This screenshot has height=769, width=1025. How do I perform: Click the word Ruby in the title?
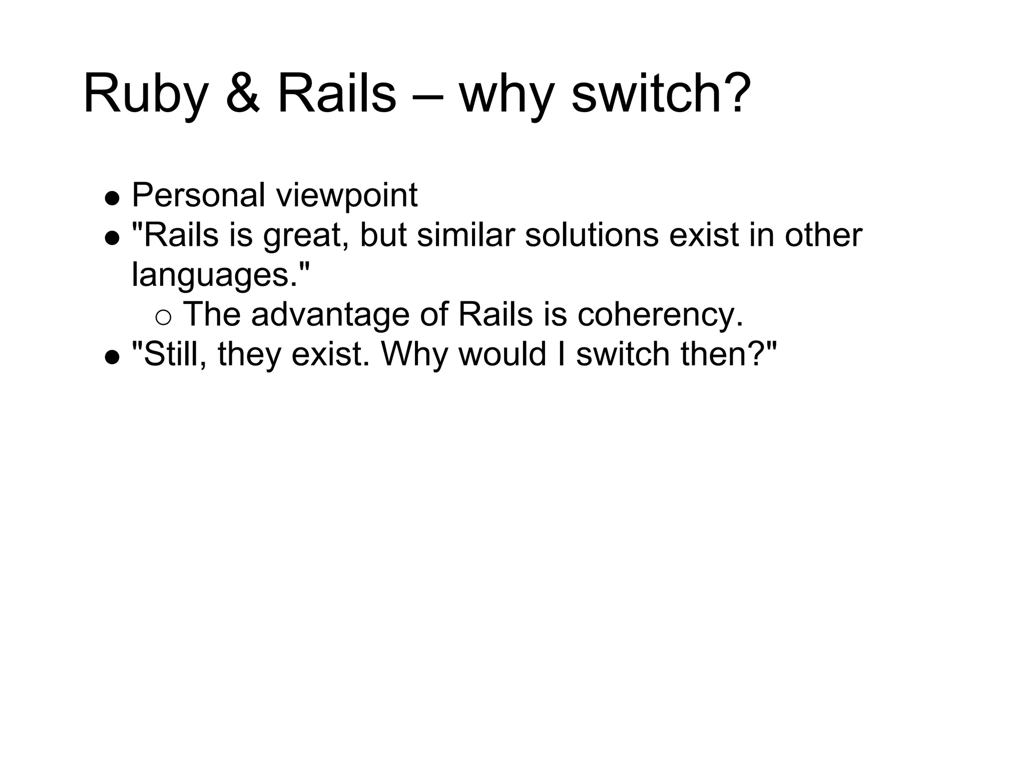pyautogui.click(x=145, y=95)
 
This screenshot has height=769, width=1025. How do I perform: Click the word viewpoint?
pyautogui.click(x=347, y=196)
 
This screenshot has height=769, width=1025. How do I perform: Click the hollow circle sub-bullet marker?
pyautogui.click(x=164, y=317)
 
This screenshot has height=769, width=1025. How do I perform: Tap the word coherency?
pyautogui.click(x=660, y=315)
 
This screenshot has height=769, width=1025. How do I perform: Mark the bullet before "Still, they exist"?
pyautogui.click(x=112, y=357)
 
